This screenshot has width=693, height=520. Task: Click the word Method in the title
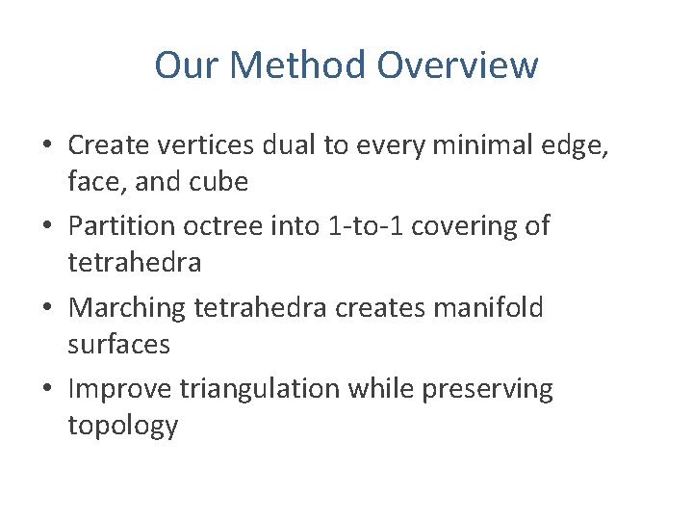(298, 65)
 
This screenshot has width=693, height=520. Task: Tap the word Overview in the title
(457, 65)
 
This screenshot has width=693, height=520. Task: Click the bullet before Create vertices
(47, 145)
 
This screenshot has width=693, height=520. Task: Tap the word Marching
(127, 308)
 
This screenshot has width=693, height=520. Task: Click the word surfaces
(118, 344)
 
